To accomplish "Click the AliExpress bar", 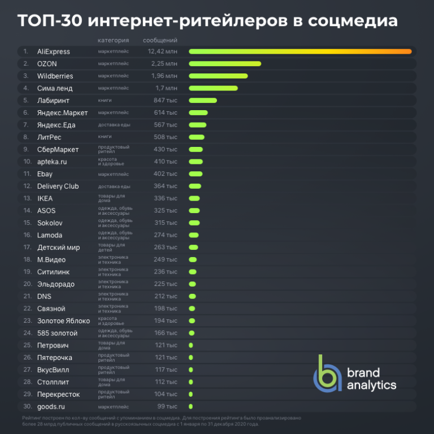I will click(x=300, y=51).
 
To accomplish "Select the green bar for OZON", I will click(x=225, y=64).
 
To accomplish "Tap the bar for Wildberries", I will click(x=218, y=76).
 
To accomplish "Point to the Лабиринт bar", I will click(x=203, y=101).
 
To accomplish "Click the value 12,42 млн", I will click(x=162, y=51).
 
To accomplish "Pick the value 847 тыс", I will click(x=166, y=101).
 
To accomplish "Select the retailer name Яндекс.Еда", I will click(x=56, y=125).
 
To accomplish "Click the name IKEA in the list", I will click(x=45, y=198).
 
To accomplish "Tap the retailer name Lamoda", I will click(x=50, y=235).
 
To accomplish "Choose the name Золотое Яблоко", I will click(x=63, y=321).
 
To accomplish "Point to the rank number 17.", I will click(x=27, y=248).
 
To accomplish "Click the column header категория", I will click(x=113, y=40).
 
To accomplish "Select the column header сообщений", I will click(x=160, y=40).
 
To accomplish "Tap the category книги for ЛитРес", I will click(x=105, y=137).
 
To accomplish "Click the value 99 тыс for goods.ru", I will click(x=167, y=406).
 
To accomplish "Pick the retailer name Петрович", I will click(x=53, y=345).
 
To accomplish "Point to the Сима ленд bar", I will click(x=213, y=88).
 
